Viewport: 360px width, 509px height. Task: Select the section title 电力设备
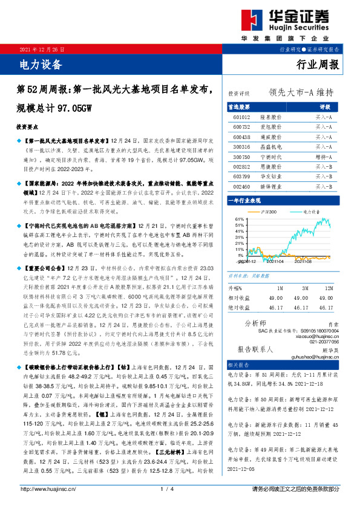[x=38, y=63]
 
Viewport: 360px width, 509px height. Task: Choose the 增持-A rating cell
[x=323, y=157]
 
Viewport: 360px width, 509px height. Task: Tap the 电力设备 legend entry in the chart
[x=312, y=212]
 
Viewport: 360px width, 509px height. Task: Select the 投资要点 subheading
[x=27, y=128]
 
